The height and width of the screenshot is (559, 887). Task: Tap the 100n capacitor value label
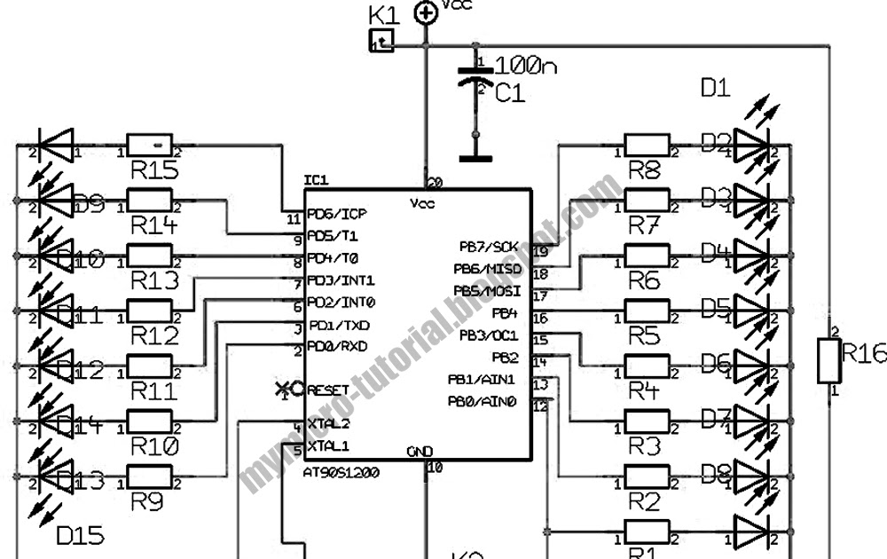[x=525, y=65]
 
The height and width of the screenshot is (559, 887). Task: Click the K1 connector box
[x=381, y=40]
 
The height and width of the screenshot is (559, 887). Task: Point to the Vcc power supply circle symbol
[x=427, y=12]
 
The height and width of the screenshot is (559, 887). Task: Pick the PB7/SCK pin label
[x=488, y=246]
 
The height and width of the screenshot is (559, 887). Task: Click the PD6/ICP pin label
[x=337, y=214]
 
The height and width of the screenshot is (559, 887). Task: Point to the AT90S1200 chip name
[x=341, y=473]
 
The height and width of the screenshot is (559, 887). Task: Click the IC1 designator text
[x=317, y=180]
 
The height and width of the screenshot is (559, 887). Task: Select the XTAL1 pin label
[x=328, y=445]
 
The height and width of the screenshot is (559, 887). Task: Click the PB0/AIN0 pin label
[x=483, y=402]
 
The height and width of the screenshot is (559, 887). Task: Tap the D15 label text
[x=80, y=535]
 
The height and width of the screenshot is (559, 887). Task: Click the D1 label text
[x=715, y=88]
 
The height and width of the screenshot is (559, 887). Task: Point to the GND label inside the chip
[x=420, y=453]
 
